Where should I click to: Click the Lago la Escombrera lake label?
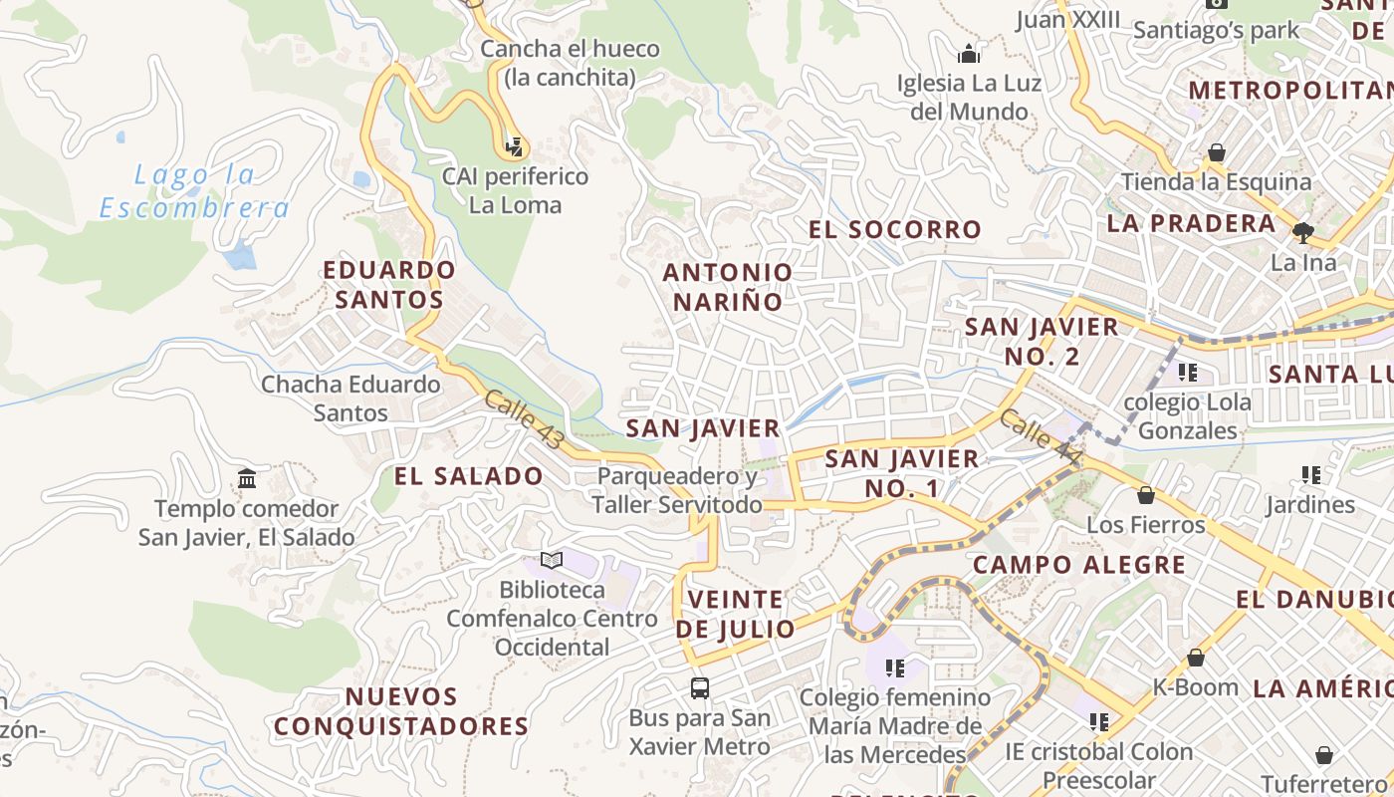point(195,191)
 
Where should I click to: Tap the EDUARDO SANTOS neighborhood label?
point(389,284)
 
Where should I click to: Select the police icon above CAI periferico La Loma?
point(514,147)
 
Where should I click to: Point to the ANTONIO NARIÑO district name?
point(728,286)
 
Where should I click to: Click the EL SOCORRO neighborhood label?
point(895,229)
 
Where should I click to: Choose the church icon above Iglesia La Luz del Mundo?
point(969,53)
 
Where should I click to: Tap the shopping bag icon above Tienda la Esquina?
point(1216,152)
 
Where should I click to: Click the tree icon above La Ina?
point(1302,233)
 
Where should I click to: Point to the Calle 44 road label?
point(1041,436)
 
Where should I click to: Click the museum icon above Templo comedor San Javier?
point(247,479)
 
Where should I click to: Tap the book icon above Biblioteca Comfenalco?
point(552,560)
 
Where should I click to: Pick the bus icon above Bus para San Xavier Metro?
point(700,687)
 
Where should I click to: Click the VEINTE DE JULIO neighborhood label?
point(736,614)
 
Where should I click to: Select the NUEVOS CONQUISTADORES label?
point(401,711)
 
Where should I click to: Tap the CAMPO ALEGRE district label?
point(1079,565)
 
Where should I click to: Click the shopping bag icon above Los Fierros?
point(1146,495)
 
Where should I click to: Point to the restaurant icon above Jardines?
point(1310,475)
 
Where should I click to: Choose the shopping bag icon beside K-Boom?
point(1196,658)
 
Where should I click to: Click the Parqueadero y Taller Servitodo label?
point(677,490)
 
